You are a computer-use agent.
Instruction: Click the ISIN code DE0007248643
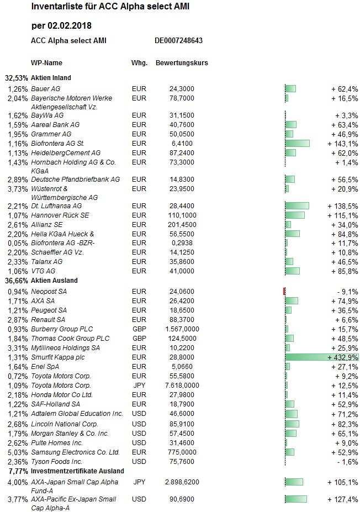click(x=178, y=40)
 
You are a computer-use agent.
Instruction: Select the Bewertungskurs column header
click(x=182, y=63)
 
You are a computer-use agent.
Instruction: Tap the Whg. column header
click(x=139, y=63)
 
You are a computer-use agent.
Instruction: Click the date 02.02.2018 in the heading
click(x=70, y=26)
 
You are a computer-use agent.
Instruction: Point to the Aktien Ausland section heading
click(x=54, y=281)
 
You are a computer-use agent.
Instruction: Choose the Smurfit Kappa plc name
click(x=58, y=357)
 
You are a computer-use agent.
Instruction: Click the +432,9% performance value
click(x=343, y=357)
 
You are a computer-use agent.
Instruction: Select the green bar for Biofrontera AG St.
click(x=298, y=144)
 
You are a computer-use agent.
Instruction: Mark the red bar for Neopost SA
click(x=284, y=291)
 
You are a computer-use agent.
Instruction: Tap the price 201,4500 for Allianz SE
click(x=182, y=225)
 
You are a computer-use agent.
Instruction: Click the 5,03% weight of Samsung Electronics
click(x=18, y=452)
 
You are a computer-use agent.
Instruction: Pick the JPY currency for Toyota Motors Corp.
click(x=139, y=386)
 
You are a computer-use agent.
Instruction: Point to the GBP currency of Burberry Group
click(x=139, y=329)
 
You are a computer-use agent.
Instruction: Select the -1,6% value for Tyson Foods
click(x=348, y=462)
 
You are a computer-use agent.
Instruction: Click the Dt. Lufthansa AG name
click(x=56, y=206)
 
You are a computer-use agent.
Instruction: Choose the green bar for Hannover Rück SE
click(x=295, y=215)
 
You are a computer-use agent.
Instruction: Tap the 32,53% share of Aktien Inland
click(x=17, y=78)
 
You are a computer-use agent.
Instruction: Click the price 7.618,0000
click(x=182, y=386)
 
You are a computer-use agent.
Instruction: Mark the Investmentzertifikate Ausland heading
click(x=77, y=471)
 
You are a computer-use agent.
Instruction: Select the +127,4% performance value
click(x=343, y=499)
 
